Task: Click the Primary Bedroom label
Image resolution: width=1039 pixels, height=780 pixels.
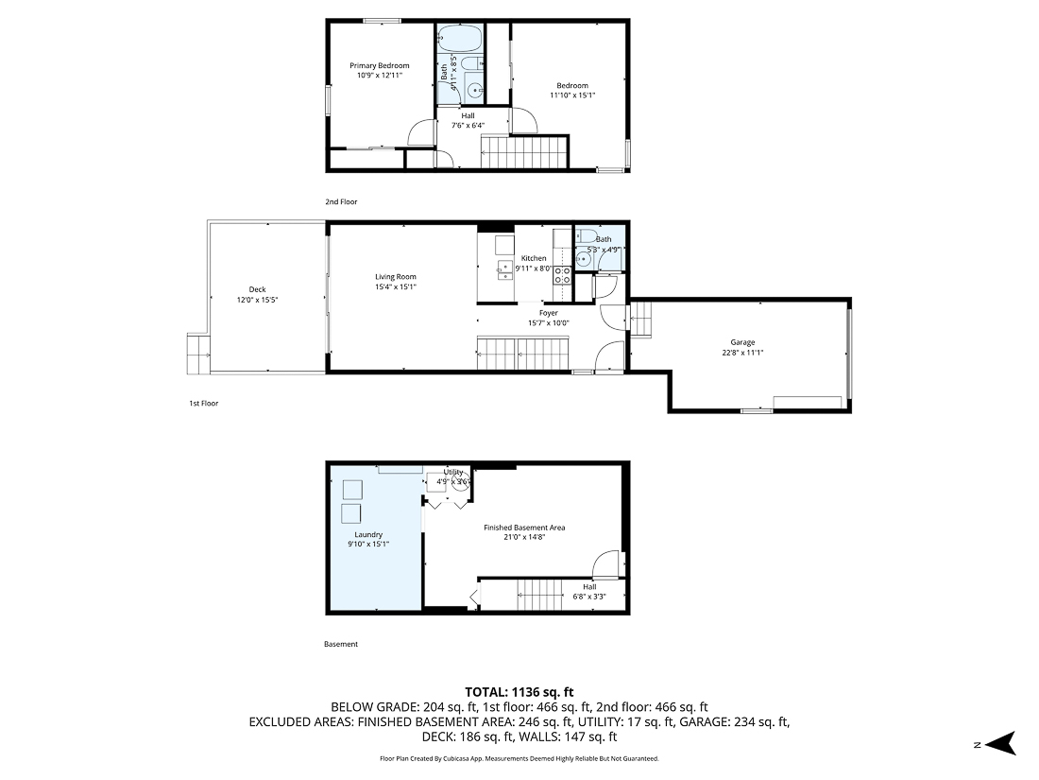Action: [x=380, y=65]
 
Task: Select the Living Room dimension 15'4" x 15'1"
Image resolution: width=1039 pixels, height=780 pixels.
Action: [x=395, y=286]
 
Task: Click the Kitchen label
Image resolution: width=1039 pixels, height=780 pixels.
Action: [x=534, y=258]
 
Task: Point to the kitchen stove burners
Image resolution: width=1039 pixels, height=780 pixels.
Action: [x=562, y=275]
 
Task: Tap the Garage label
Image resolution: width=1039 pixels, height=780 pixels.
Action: [x=742, y=342]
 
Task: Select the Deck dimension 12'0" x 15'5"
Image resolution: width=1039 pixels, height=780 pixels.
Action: [x=257, y=300]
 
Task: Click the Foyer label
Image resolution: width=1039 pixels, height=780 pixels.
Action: [x=549, y=313]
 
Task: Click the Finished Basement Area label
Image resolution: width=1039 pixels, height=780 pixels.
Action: [x=524, y=528]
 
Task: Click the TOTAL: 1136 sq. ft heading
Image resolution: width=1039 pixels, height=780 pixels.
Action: [x=519, y=691]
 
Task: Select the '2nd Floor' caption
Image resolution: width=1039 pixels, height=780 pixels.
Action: [x=341, y=201]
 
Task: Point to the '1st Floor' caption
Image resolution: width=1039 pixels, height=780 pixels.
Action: [x=203, y=403]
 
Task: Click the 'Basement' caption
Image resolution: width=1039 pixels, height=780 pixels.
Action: [x=341, y=644]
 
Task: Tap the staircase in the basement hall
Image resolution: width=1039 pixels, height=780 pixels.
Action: [x=541, y=596]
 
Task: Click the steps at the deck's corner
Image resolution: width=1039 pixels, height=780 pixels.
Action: [x=198, y=354]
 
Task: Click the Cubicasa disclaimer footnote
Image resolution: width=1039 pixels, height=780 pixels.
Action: [x=519, y=758]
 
